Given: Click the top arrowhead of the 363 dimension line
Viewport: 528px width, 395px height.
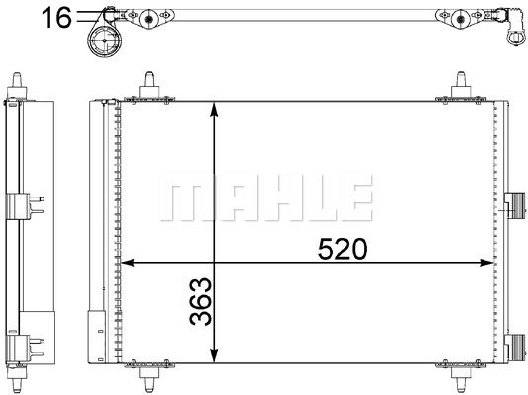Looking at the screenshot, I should point(215,107).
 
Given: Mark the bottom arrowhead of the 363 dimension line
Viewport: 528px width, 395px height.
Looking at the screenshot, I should point(215,357).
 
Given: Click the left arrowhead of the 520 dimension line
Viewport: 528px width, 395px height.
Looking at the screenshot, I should point(127,264).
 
